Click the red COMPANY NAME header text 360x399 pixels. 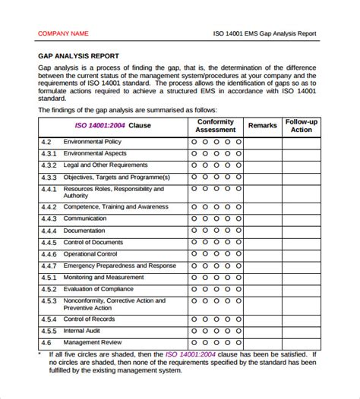[63, 33]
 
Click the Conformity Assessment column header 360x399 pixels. [215, 125]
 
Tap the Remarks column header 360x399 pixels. [262, 125]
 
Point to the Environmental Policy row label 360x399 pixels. [91, 142]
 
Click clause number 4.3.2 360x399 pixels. [48, 165]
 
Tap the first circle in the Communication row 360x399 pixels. [194, 218]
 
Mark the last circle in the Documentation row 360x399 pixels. [238, 230]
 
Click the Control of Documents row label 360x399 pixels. [93, 242]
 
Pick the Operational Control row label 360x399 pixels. [90, 254]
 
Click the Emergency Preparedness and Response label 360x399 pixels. [120, 265]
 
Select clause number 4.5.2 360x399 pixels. [48, 289]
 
